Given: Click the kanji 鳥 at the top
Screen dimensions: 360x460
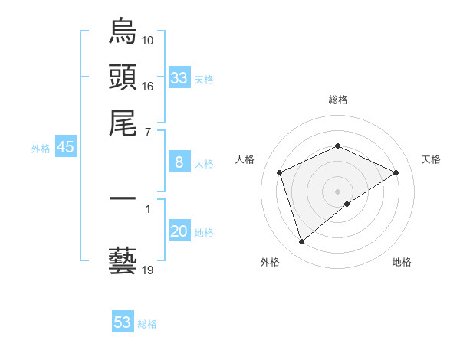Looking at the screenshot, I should tap(123, 32).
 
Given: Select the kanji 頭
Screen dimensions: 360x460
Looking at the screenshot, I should tap(123, 77).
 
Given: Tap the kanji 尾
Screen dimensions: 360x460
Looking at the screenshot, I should tap(123, 123).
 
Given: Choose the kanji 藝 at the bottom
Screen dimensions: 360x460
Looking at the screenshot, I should tap(123, 260).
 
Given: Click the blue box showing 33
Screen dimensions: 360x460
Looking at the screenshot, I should tap(179, 78).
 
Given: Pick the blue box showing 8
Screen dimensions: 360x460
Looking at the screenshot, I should tap(179, 162).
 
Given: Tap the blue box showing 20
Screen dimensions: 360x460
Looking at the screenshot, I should tap(179, 231).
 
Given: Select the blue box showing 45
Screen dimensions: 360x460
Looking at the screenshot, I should tap(65, 148).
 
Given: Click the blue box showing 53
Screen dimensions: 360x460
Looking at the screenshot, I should tap(123, 322).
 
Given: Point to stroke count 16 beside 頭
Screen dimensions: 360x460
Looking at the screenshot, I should tap(148, 86).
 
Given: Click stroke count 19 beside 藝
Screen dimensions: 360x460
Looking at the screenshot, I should tap(148, 270).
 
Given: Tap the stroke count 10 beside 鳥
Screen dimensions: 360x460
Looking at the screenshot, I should tap(148, 40).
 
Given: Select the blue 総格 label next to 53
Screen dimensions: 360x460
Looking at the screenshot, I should tap(147, 324).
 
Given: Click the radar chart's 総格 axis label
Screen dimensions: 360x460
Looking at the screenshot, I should tap(337, 100).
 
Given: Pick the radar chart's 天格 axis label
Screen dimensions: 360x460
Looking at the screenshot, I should tap(431, 159).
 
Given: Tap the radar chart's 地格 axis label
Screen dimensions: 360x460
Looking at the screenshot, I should tap(402, 262).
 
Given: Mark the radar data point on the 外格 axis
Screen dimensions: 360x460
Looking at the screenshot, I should tap(301, 242).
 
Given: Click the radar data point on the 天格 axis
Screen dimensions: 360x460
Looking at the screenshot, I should tap(396, 172).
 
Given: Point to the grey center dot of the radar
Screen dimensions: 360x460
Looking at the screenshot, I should tap(337, 191).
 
